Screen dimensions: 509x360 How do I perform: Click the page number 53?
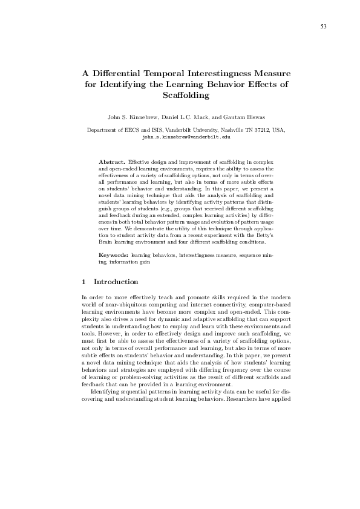tap(324, 26)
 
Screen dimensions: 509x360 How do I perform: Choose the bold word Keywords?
tap(113, 273)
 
